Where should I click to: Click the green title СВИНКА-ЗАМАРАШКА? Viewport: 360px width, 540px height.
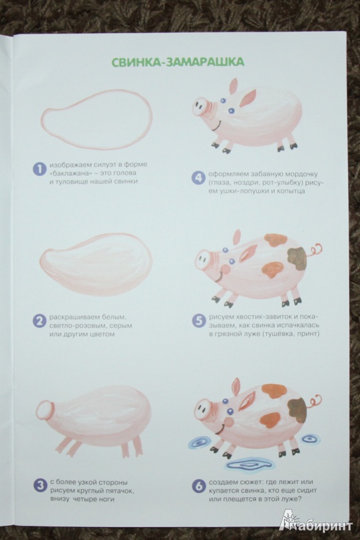178,61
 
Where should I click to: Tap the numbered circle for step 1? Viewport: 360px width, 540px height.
39,169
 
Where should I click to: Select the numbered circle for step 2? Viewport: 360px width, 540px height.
39,321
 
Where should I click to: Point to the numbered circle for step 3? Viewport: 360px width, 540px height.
40,485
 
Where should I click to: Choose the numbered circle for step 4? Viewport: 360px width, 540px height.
198,178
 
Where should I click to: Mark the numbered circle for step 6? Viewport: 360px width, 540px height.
199,486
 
